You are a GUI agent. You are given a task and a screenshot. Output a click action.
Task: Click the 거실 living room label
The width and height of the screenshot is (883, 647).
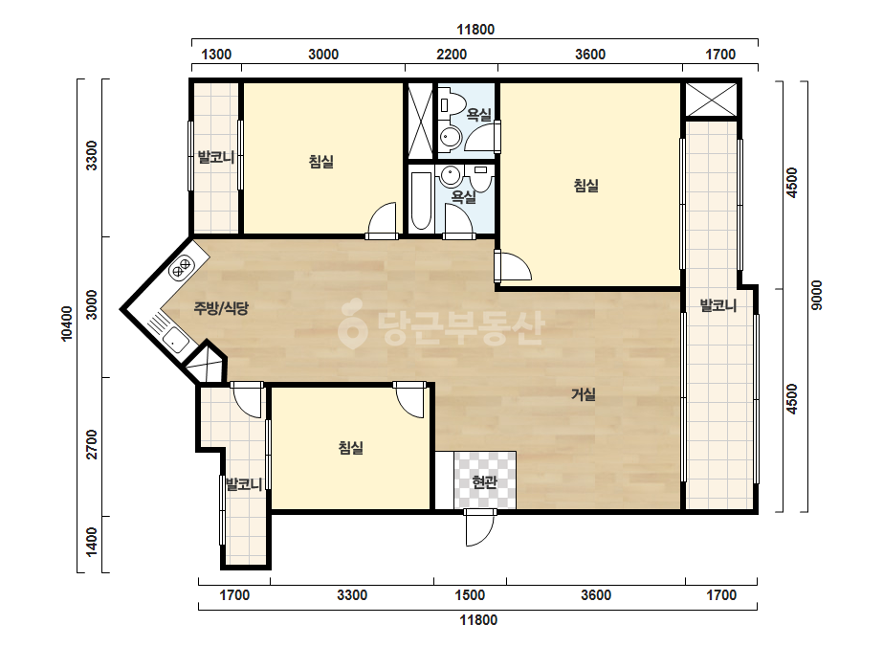pyautogui.click(x=584, y=394)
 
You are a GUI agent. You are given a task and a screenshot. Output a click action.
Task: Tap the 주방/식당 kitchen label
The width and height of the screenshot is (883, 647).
pyautogui.click(x=221, y=308)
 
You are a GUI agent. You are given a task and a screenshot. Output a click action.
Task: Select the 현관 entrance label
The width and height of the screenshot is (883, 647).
pyautogui.click(x=484, y=481)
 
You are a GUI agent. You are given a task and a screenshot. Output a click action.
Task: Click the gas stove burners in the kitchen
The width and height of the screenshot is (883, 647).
pyautogui.click(x=182, y=267)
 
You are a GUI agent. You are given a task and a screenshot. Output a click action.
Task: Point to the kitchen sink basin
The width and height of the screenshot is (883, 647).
pyautogui.click(x=175, y=340)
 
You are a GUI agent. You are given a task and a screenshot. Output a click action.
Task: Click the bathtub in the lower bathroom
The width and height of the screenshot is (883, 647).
pyautogui.click(x=421, y=201)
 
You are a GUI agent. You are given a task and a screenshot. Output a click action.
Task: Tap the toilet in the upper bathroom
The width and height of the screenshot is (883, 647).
pyautogui.click(x=453, y=104)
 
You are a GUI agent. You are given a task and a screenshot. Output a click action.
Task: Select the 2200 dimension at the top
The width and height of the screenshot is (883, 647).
pyautogui.click(x=452, y=55)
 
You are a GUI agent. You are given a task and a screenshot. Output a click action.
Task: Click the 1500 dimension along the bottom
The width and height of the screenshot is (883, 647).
pyautogui.click(x=470, y=595)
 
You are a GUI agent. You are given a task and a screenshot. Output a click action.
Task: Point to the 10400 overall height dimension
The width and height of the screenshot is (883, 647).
pyautogui.click(x=66, y=323)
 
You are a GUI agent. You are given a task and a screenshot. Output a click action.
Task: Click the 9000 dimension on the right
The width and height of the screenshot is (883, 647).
pyautogui.click(x=817, y=295)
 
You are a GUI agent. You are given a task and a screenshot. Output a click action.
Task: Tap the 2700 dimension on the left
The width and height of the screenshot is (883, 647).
pyautogui.click(x=91, y=444)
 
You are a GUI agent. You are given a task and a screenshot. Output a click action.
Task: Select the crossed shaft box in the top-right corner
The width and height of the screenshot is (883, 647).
pyautogui.click(x=711, y=100)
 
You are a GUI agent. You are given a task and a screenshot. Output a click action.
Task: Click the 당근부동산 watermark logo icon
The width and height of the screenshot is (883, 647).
pyautogui.click(x=352, y=324)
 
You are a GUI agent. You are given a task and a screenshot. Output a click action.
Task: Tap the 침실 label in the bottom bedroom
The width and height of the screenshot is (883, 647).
pyautogui.click(x=350, y=448)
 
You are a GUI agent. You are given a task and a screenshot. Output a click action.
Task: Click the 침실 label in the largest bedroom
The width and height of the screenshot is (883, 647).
pyautogui.click(x=585, y=185)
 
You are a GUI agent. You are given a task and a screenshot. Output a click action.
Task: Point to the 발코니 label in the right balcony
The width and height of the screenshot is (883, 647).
pyautogui.click(x=718, y=305)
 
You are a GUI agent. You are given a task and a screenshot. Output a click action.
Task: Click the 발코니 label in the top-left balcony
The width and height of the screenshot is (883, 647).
pyautogui.click(x=215, y=157)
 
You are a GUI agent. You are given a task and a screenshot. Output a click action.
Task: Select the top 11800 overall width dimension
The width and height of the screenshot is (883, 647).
pyautogui.click(x=475, y=30)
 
